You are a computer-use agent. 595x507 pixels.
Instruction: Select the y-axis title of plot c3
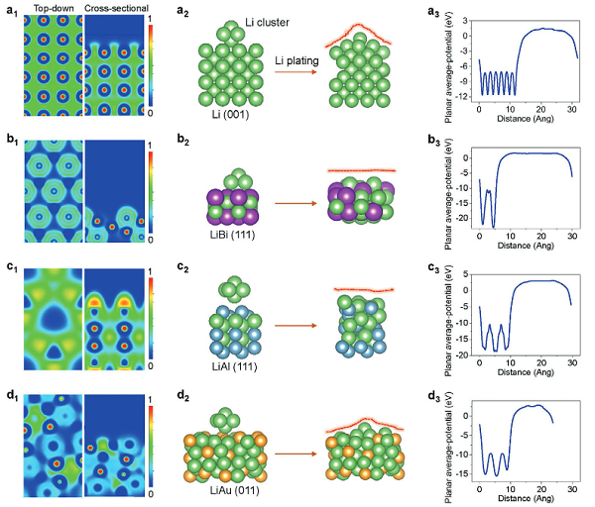(441, 317)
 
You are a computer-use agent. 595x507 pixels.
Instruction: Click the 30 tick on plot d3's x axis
(572, 492)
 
